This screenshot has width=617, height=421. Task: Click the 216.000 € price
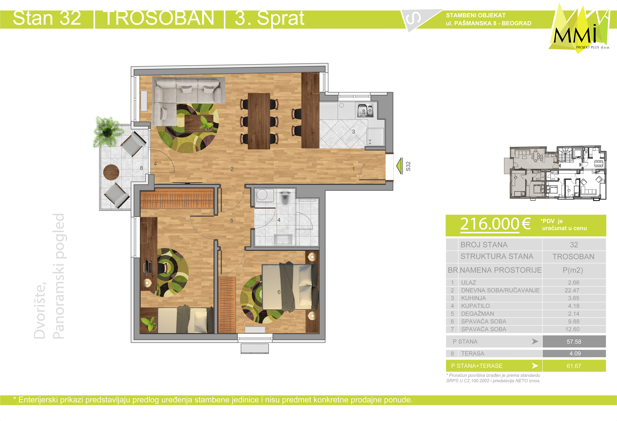click(x=495, y=224)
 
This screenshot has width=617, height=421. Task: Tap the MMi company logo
click(x=579, y=29)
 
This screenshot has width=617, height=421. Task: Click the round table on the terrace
click(x=111, y=172)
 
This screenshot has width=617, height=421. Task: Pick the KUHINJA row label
click(x=473, y=298)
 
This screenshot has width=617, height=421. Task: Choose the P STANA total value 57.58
click(x=574, y=341)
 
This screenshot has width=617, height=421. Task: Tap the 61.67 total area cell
click(x=574, y=366)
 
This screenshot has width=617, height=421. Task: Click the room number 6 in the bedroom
click(x=279, y=292)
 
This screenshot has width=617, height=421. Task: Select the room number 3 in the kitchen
click(x=353, y=132)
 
